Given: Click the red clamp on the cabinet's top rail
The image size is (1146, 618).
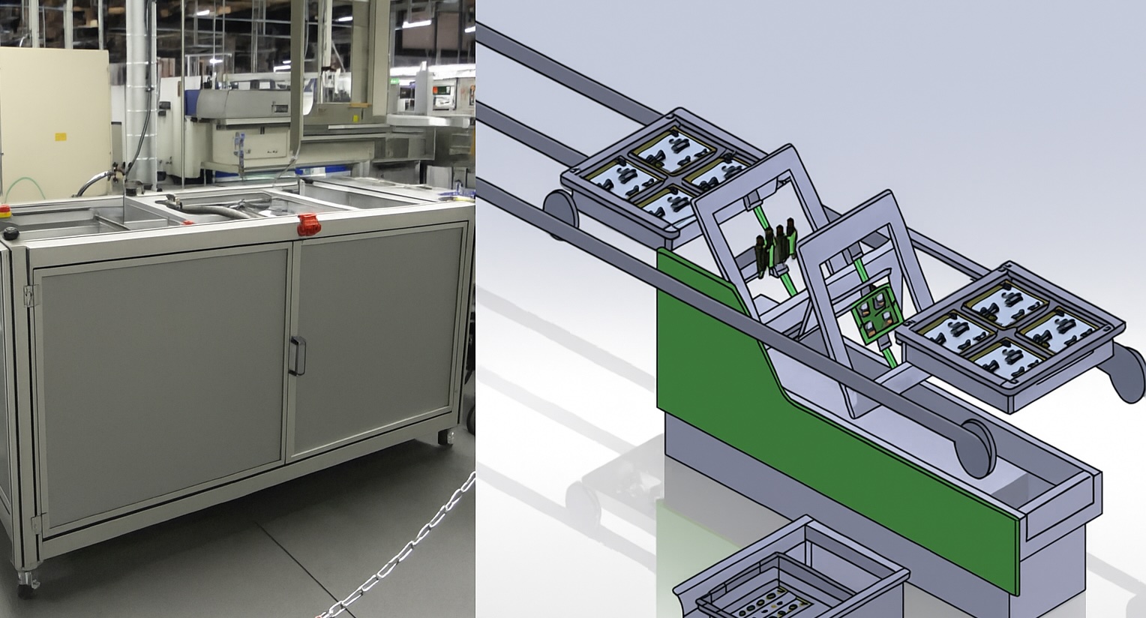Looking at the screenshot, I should pyautogui.click(x=307, y=223).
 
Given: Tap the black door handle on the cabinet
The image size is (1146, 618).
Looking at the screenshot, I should pyautogui.click(x=298, y=355).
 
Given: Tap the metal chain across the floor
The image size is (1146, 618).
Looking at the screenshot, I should pyautogui.click(x=405, y=547).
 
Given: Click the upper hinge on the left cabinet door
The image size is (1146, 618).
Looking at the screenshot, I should pyautogui.click(x=30, y=295).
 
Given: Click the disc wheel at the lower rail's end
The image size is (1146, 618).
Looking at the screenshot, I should pyautogui.click(x=975, y=447).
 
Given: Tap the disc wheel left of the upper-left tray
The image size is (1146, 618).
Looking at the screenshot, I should pyautogui.click(x=559, y=214).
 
